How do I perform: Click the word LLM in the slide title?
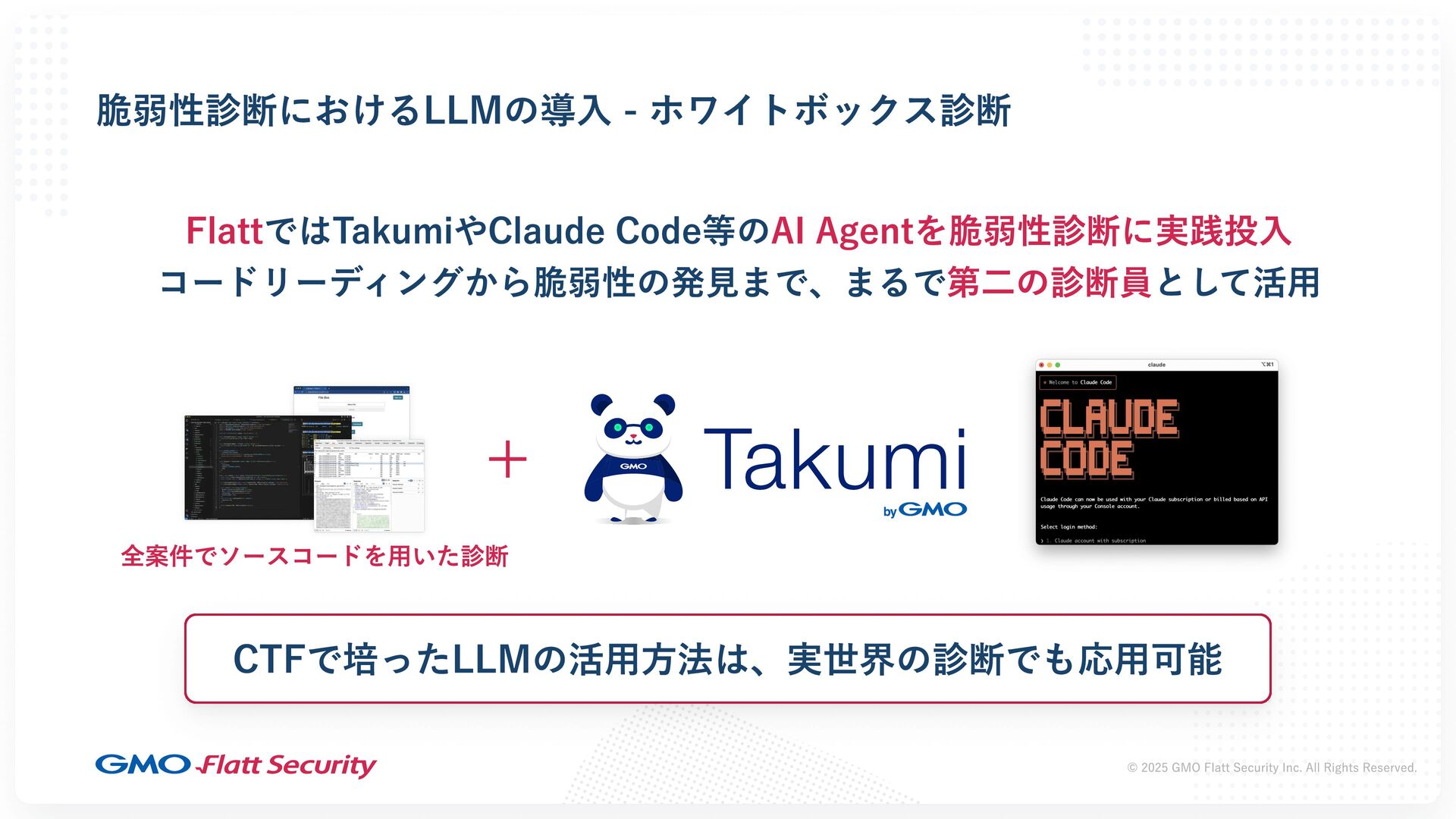click(462, 111)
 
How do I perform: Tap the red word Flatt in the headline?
click(224, 231)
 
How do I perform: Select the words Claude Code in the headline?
click(594, 231)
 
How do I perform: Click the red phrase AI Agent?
click(843, 231)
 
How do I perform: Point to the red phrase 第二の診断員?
click(1049, 283)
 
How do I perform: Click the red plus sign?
click(507, 460)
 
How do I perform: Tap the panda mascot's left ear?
click(601, 403)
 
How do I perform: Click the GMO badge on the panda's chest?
click(633, 466)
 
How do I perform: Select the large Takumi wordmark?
click(835, 459)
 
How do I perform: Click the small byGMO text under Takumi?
click(924, 510)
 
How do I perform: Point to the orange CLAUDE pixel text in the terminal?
click(1109, 418)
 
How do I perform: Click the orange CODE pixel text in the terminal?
click(1086, 460)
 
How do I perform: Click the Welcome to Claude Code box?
click(1078, 382)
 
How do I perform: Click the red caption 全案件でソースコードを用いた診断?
click(314, 557)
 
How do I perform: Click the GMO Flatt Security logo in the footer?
click(236, 765)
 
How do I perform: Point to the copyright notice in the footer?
click(1272, 767)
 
